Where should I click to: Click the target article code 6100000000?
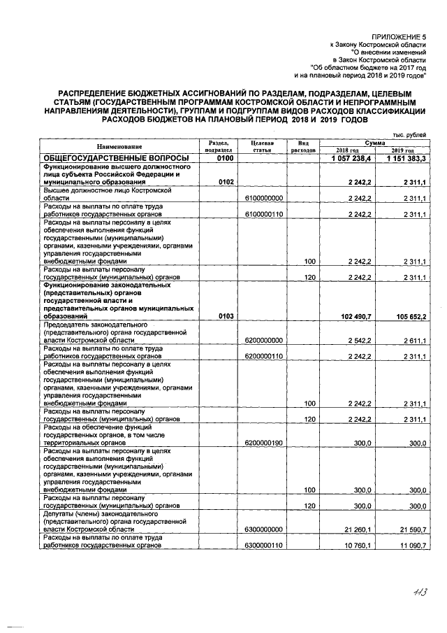point(263,199)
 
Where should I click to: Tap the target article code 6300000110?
point(263,546)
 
